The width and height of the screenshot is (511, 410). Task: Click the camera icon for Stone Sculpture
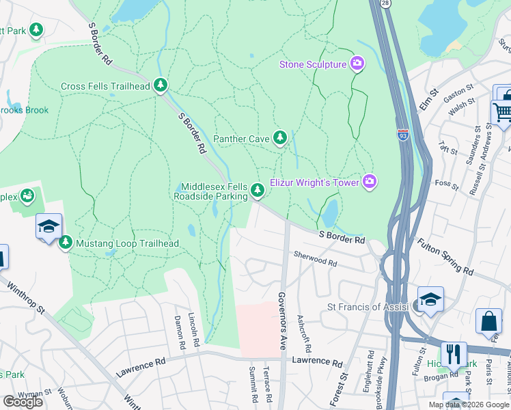(357, 64)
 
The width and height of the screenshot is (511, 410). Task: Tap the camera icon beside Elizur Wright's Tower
(370, 181)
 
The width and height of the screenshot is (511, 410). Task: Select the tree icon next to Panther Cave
(279, 138)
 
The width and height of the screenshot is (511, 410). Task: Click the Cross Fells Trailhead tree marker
(161, 85)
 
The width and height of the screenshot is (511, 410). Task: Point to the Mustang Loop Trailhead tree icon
(66, 243)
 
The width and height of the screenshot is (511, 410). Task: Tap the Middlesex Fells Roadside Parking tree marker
(257, 190)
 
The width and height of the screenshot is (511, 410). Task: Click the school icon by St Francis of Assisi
(430, 301)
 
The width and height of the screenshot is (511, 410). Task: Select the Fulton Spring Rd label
(445, 256)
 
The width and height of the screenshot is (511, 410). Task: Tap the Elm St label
(428, 100)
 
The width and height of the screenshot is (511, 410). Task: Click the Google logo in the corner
(23, 402)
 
